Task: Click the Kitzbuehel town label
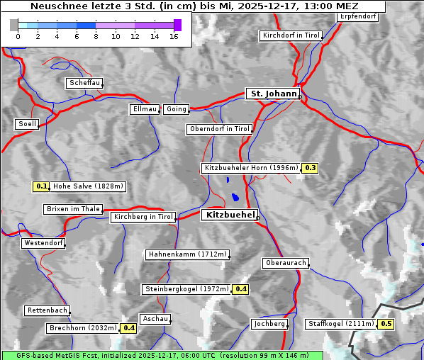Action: [x=229, y=215]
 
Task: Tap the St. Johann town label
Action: [x=273, y=94]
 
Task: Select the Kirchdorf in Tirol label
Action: [x=291, y=35]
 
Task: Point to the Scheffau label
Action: [x=84, y=83]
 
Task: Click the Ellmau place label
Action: [x=145, y=109]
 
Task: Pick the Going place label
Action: [x=176, y=109]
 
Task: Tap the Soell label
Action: [x=27, y=124]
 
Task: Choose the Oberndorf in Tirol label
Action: [x=219, y=129]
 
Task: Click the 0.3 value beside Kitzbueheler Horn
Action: [x=310, y=168]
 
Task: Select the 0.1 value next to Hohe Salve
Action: [x=41, y=187]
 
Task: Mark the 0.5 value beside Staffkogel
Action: [x=386, y=324]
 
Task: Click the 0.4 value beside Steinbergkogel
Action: [x=240, y=289]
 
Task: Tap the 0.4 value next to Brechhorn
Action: [x=128, y=328]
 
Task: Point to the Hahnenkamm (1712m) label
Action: [x=187, y=254]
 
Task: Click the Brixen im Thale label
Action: [x=73, y=209]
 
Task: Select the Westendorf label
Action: [x=43, y=243]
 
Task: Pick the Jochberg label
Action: [x=269, y=324]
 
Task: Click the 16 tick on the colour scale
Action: [x=174, y=36]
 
